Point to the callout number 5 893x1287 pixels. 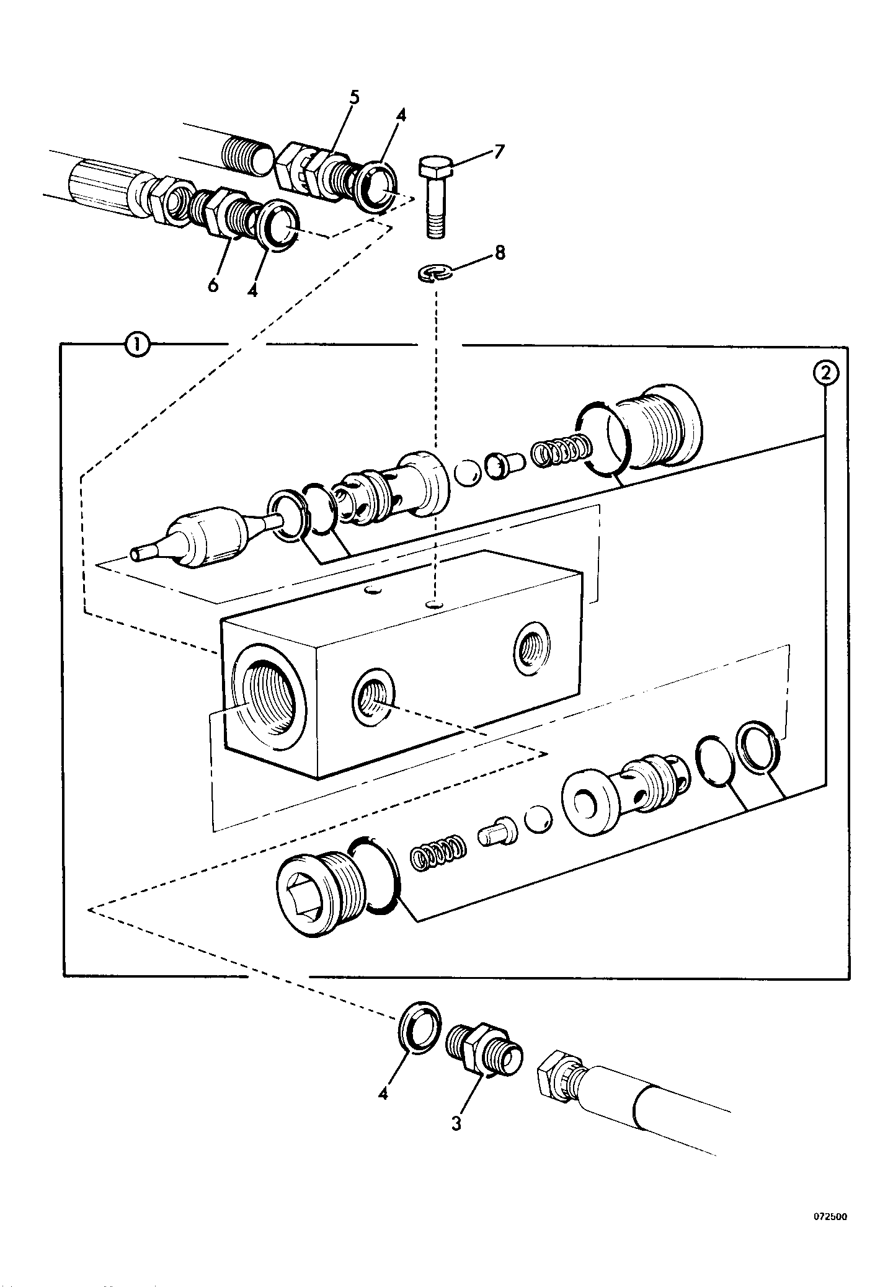tap(354, 97)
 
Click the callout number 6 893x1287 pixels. tap(213, 285)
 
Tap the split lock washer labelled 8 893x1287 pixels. tap(434, 273)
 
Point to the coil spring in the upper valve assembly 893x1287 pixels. tap(559, 451)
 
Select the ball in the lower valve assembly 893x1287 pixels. tap(536, 821)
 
